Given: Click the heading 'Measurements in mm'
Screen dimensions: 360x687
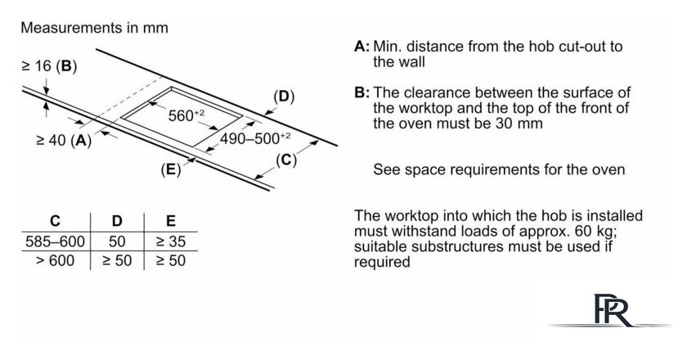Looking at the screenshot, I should click(x=94, y=28).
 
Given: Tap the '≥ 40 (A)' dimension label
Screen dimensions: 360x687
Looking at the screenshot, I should click(x=64, y=141).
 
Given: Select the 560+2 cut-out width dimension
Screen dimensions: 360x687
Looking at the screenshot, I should click(x=186, y=115).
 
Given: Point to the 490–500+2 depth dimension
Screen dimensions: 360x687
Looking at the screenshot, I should click(x=255, y=138).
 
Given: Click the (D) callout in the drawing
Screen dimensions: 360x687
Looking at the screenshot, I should click(x=284, y=97).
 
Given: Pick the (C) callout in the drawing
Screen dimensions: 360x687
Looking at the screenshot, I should click(x=285, y=160).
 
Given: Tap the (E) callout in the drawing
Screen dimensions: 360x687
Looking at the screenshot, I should click(x=170, y=170).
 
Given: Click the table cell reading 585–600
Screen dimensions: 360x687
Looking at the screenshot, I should click(x=55, y=242).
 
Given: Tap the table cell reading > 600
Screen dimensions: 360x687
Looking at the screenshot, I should click(x=55, y=261).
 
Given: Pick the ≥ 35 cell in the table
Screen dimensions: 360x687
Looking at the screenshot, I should click(x=170, y=242).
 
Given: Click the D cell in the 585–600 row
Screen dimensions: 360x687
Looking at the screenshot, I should click(x=116, y=242).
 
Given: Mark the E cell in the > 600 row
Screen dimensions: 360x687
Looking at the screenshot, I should click(x=170, y=261).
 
